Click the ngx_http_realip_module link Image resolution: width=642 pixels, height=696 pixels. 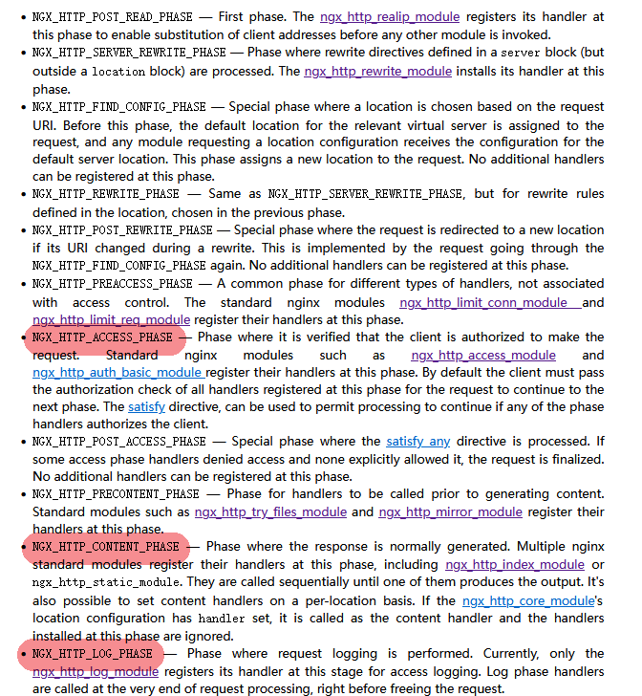pos(390,17)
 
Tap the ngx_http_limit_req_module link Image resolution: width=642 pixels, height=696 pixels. pos(111,319)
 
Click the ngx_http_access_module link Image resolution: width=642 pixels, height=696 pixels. pos(483,355)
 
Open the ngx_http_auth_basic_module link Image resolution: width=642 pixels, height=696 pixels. pos(117,372)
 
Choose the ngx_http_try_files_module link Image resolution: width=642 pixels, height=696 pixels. pos(270,511)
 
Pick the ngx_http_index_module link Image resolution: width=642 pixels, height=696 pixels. pos(514,565)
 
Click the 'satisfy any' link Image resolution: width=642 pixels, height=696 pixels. pos(418,442)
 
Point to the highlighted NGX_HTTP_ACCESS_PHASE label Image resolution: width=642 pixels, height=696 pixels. pos(102,337)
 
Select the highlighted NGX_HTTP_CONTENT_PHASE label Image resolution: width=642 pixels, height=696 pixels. pos(105,547)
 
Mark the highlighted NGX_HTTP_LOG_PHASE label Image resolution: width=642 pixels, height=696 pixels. pos(92,654)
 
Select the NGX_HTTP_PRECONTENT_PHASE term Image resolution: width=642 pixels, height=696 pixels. pos(116,494)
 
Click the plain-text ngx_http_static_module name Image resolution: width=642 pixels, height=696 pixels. pos(106,583)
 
